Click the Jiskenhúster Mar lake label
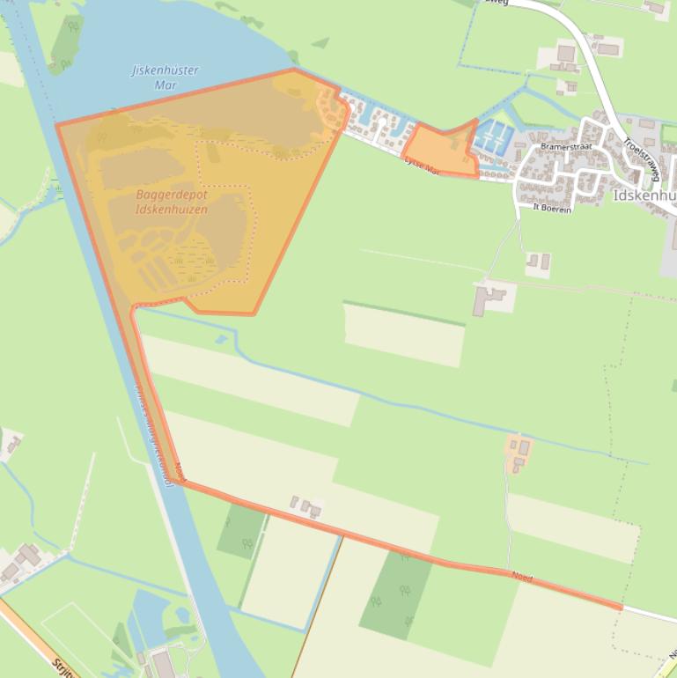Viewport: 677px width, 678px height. coord(165,77)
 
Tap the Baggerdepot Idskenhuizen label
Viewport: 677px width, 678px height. coord(172,202)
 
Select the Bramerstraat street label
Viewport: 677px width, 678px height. coord(565,147)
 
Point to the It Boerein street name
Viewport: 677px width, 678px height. coord(552,208)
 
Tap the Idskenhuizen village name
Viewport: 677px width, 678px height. coord(643,195)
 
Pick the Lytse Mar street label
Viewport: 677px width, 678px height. coord(421,165)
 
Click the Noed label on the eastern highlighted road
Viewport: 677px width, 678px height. coord(522,577)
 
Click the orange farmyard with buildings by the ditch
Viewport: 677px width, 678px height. coord(519,450)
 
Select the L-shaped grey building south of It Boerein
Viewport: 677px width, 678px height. coord(486,299)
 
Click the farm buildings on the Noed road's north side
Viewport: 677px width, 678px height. coord(305,505)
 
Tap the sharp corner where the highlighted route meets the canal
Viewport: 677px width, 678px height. coord(180,482)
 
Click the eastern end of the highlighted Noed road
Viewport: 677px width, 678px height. coord(621,607)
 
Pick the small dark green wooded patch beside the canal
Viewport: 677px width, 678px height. coord(241,531)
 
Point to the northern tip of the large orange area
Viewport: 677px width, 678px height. coord(293,70)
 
